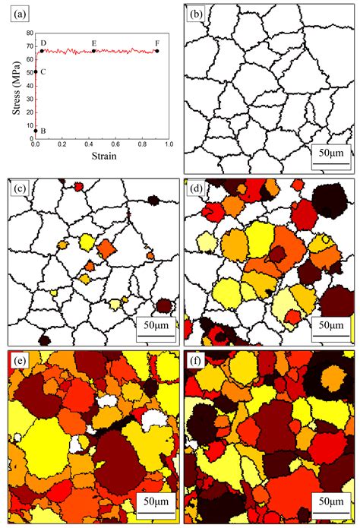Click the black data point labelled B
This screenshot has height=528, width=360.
pos(36,131)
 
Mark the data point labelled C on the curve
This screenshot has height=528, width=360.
pos(36,71)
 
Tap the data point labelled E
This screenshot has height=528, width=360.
pos(93,51)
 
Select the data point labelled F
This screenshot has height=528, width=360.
pos(156,51)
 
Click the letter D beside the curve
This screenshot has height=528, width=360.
pos(43,43)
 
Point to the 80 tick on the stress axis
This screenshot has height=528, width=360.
pos(29,34)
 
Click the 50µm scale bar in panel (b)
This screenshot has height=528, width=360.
pos(330,157)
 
